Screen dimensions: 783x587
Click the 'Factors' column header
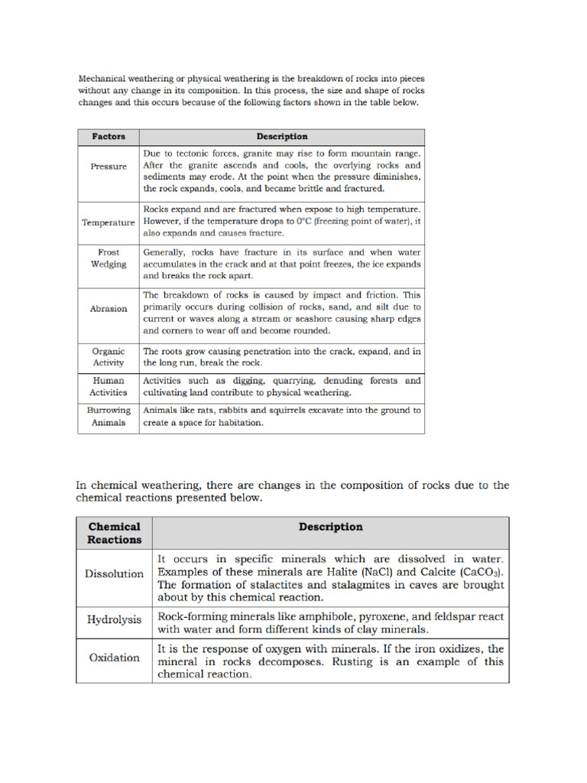click(109, 137)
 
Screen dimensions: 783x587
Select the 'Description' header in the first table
click(281, 137)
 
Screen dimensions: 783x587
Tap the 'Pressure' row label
click(109, 166)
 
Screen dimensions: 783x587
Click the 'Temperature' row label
click(109, 223)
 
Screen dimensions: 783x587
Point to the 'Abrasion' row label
click(109, 309)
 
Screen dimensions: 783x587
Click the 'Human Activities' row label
click(109, 386)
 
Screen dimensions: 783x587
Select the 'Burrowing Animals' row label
click(109, 416)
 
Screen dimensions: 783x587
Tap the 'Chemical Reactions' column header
click(115, 533)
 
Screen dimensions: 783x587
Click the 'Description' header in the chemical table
click(331, 527)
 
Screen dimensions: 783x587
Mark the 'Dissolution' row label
click(115, 573)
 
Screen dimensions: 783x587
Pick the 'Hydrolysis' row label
click(115, 620)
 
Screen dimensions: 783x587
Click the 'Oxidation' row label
click(115, 658)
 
